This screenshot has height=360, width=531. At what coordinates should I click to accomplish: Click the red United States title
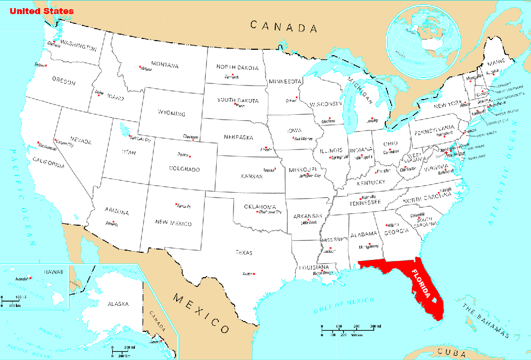[41, 11]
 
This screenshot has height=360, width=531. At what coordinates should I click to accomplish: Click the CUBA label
[453, 353]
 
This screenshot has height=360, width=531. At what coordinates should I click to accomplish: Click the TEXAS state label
[244, 252]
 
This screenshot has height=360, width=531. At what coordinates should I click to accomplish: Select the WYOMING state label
[171, 114]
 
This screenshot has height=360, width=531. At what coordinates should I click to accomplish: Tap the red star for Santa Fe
[176, 204]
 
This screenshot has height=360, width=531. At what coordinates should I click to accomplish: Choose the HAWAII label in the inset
[54, 271]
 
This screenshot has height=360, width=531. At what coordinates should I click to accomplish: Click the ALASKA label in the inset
[118, 304]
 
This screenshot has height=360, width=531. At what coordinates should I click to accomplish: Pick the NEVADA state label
[80, 141]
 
